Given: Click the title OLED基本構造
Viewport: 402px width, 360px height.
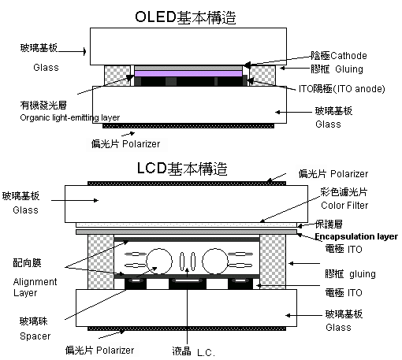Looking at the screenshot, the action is (185, 17).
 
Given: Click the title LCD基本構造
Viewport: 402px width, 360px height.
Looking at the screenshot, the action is (182, 169).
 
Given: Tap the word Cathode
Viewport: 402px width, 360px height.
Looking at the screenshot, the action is (348, 56).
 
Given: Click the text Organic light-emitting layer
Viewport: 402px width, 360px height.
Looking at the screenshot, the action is (70, 117).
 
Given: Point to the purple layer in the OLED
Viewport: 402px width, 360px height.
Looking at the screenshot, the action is (188, 73).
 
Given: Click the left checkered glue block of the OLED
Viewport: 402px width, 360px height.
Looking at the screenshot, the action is (117, 76).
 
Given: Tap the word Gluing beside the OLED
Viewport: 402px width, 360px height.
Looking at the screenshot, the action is (349, 69).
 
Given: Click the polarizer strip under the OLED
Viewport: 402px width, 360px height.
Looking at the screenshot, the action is (188, 126).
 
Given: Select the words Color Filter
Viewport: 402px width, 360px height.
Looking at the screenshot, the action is (344, 206).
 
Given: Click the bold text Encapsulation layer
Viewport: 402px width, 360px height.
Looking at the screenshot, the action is (356, 236).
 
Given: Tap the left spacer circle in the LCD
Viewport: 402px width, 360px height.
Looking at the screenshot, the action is (159, 262).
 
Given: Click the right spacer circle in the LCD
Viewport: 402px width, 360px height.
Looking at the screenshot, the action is (215, 262).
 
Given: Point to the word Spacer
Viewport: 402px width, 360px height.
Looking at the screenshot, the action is (35, 336).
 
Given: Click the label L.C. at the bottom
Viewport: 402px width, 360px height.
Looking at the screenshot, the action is (206, 352).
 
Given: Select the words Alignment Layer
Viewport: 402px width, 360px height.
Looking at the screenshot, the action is (35, 287).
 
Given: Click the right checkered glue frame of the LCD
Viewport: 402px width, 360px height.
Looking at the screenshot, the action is (273, 262).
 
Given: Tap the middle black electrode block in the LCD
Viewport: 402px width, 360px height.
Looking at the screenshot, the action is (187, 284).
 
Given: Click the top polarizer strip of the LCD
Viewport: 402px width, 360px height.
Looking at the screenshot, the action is (187, 184).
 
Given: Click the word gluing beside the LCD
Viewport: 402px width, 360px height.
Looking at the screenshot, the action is (363, 274).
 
